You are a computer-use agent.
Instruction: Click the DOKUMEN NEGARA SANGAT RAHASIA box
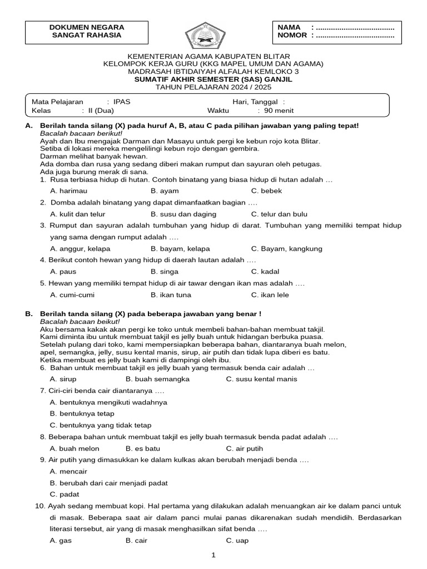coord(87,31)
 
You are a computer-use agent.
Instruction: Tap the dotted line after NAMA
coord(355,27)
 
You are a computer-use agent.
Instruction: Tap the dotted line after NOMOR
coord(355,36)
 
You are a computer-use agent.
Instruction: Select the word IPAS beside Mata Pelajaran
coord(122,102)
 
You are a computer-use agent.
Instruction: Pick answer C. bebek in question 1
coord(266,191)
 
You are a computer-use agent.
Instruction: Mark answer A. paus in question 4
coord(63,272)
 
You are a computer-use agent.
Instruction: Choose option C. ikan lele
coord(270,295)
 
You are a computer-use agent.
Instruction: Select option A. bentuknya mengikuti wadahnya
coord(108,402)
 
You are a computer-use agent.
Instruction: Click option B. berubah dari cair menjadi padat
coord(108,483)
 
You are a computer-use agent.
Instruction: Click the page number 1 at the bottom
coord(213,555)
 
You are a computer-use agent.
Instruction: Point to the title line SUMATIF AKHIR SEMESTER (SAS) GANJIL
coord(213,79)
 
